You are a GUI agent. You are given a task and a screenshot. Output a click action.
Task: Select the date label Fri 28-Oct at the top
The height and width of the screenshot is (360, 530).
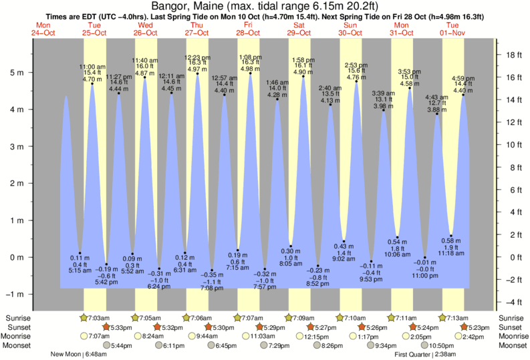[249, 29]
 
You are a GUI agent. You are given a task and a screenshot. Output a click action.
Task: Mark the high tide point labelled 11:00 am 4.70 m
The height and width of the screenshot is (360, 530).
[92, 83]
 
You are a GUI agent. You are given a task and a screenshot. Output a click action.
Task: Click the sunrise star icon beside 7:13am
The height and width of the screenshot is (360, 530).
[442, 318]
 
